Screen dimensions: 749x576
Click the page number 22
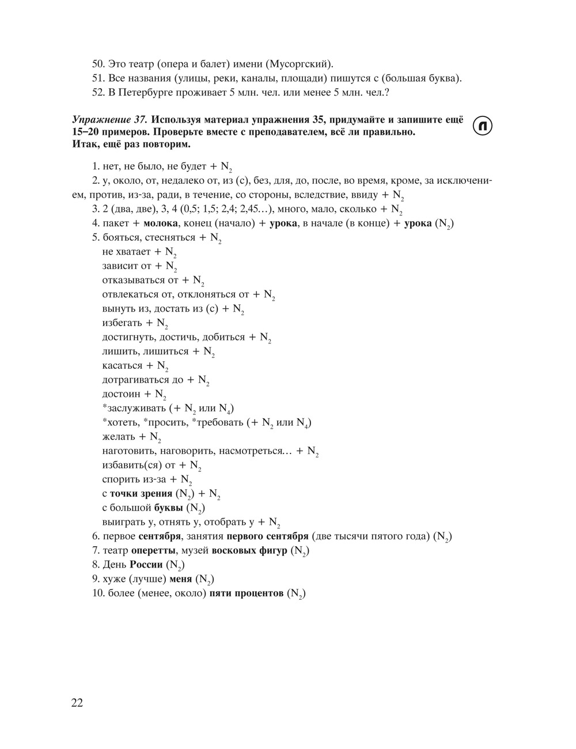[77, 703]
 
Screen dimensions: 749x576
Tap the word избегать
[122, 323]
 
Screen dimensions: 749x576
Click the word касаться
[122, 365]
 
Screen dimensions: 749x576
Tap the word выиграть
[122, 522]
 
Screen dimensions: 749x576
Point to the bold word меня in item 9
[181, 579]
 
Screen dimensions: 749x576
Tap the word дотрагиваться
[135, 380]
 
